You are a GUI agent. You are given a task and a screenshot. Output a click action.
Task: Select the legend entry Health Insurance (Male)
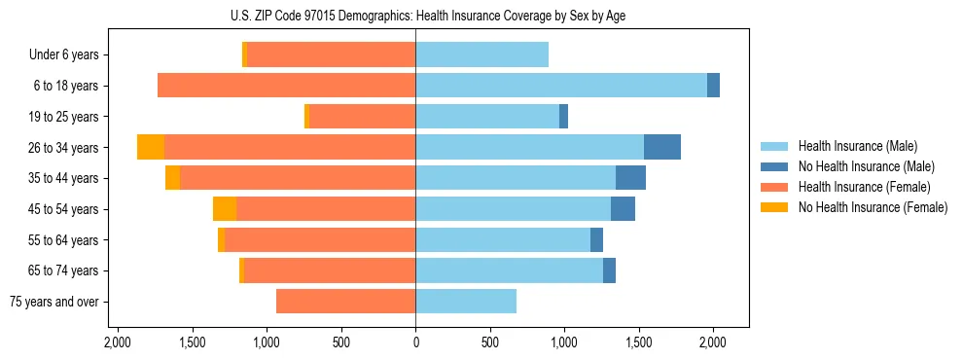pyautogui.click(x=856, y=146)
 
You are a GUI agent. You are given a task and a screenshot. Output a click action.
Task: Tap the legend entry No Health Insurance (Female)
pyautogui.click(x=873, y=207)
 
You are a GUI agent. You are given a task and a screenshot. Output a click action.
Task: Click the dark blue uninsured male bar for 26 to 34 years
pyautogui.click(x=662, y=147)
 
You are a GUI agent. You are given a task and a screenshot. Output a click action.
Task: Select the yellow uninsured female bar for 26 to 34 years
pyautogui.click(x=151, y=147)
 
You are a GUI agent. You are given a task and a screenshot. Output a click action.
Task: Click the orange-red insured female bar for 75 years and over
pyautogui.click(x=345, y=302)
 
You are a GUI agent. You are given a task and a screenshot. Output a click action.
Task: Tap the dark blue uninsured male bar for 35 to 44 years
pyautogui.click(x=630, y=178)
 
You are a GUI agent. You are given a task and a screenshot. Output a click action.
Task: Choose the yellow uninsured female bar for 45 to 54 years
pyautogui.click(x=225, y=209)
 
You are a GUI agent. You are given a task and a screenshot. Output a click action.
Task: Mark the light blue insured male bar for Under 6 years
pyautogui.click(x=481, y=54)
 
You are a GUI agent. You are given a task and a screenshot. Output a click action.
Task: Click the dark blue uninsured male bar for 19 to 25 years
pyautogui.click(x=563, y=117)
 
